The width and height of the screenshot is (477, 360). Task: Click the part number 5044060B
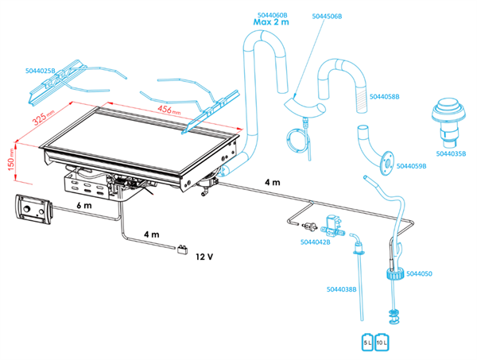click(273, 14)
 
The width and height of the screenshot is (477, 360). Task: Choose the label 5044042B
click(316, 241)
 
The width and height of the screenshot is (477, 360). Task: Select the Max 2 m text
click(272, 23)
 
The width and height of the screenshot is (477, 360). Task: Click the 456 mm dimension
click(169, 110)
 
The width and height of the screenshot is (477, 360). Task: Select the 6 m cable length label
click(84, 204)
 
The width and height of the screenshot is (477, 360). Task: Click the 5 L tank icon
click(368, 341)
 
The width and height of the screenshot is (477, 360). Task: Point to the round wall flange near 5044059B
click(387, 161)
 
